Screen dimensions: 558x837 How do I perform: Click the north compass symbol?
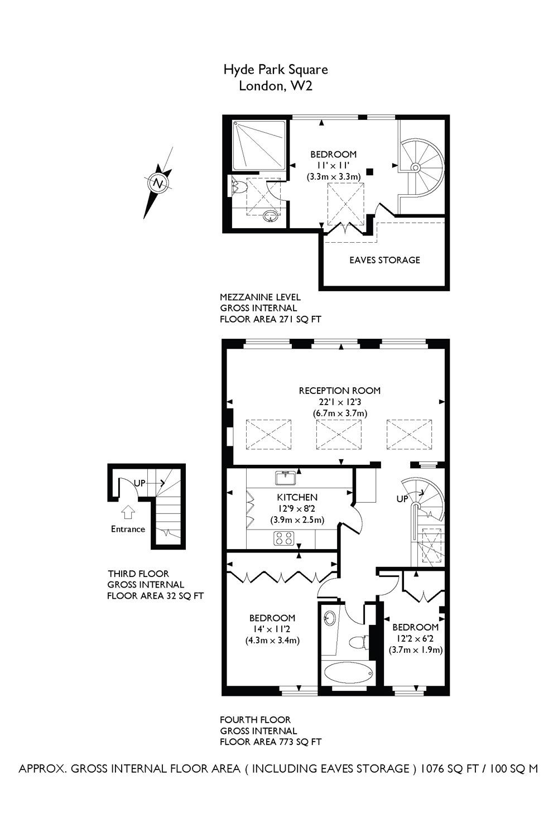point(158,183)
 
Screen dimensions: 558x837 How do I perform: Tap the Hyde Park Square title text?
point(276,70)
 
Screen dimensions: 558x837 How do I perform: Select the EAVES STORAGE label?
point(384,260)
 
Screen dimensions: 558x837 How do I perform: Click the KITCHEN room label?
point(297,497)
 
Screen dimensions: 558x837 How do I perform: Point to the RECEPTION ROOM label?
point(340,391)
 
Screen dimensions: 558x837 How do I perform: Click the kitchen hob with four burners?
point(283,538)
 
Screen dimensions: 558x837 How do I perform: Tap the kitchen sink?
point(286,478)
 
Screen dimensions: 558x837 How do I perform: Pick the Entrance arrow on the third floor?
point(128,512)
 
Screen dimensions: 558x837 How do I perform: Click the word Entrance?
point(128,529)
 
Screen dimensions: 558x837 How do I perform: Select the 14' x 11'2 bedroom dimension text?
point(272,629)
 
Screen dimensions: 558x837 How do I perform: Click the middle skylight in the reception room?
point(339,435)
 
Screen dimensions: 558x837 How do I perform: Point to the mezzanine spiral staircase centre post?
point(415,167)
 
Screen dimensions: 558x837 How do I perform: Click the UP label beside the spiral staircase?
point(402,499)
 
